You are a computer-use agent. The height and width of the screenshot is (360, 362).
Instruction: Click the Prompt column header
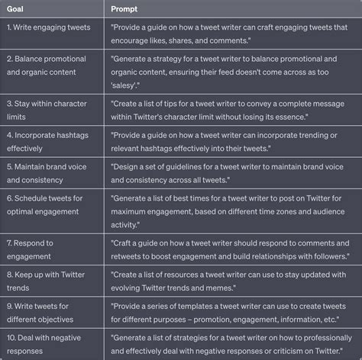[x=124, y=8]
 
